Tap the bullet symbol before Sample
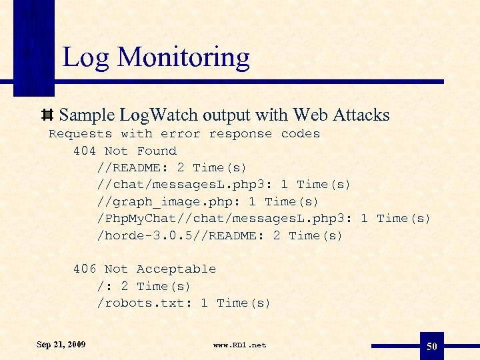point(48,115)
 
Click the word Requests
point(80,134)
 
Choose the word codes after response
point(301,134)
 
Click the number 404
point(85,151)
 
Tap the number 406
point(85,269)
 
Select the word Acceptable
point(176,269)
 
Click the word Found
point(157,151)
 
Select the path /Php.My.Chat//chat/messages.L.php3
point(223,219)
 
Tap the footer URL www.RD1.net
point(239,345)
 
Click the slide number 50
point(432,346)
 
